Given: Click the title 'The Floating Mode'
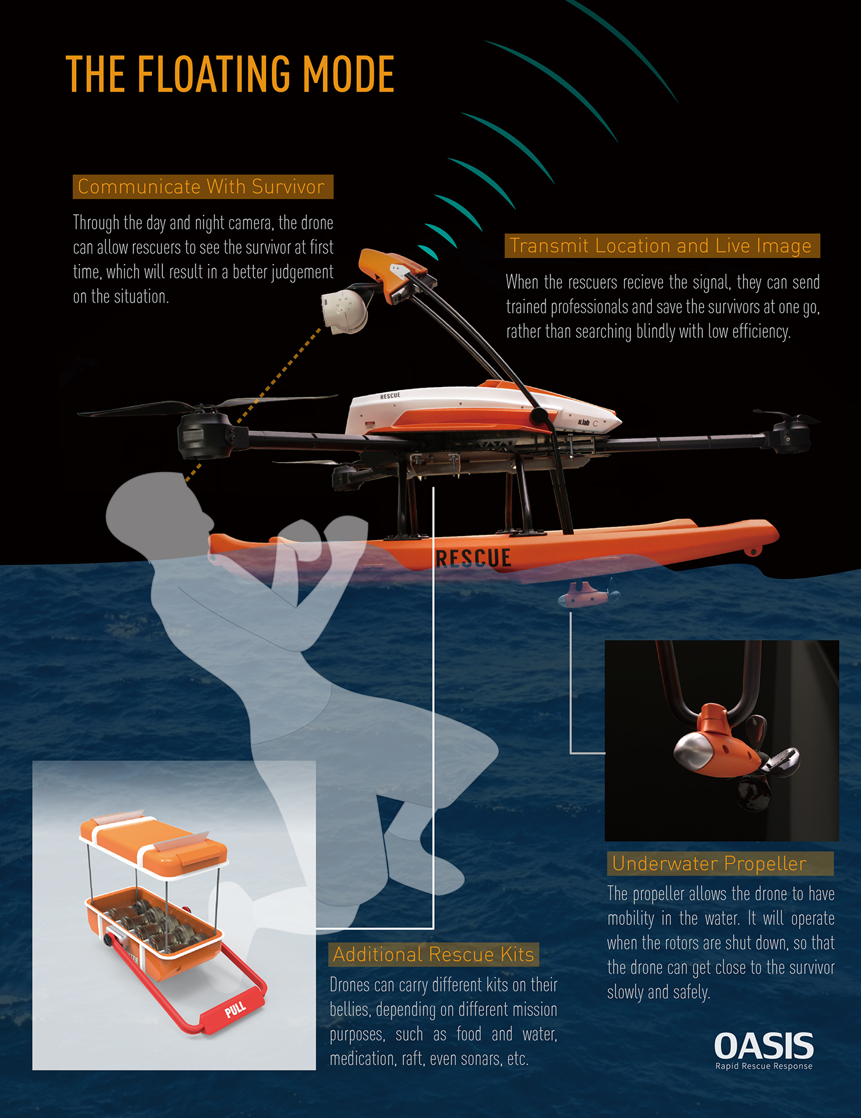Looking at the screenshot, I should tap(229, 74).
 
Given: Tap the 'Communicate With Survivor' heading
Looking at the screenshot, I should tap(202, 187).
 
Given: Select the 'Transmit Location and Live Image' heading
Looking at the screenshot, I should tap(661, 246).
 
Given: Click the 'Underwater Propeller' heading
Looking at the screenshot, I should tap(710, 864).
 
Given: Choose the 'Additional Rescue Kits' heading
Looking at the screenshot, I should tap(434, 954).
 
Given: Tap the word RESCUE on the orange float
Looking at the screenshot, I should tap(474, 558).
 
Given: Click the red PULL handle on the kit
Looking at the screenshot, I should tap(236, 1009).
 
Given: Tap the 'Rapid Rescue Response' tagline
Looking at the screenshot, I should tap(764, 1066).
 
